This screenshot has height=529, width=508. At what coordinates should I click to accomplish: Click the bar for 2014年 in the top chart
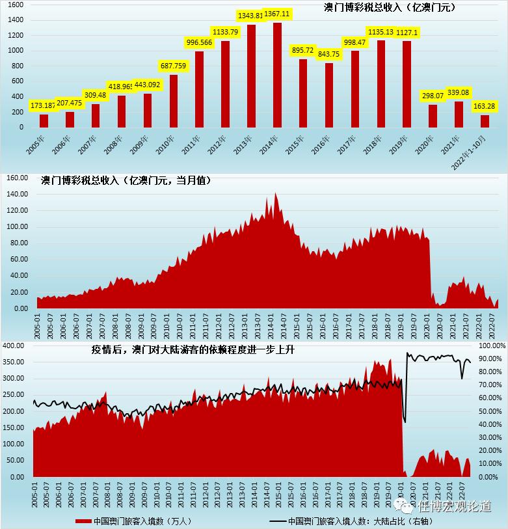coord(277,75)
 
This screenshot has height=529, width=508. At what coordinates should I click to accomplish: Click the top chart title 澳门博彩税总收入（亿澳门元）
coord(390,8)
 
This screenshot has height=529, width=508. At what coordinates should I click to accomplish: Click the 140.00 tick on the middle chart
coord(18,194)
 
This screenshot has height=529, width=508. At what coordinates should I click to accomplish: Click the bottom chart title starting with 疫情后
coord(181,351)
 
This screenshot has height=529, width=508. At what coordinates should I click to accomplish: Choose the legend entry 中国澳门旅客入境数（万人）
coord(133,521)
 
